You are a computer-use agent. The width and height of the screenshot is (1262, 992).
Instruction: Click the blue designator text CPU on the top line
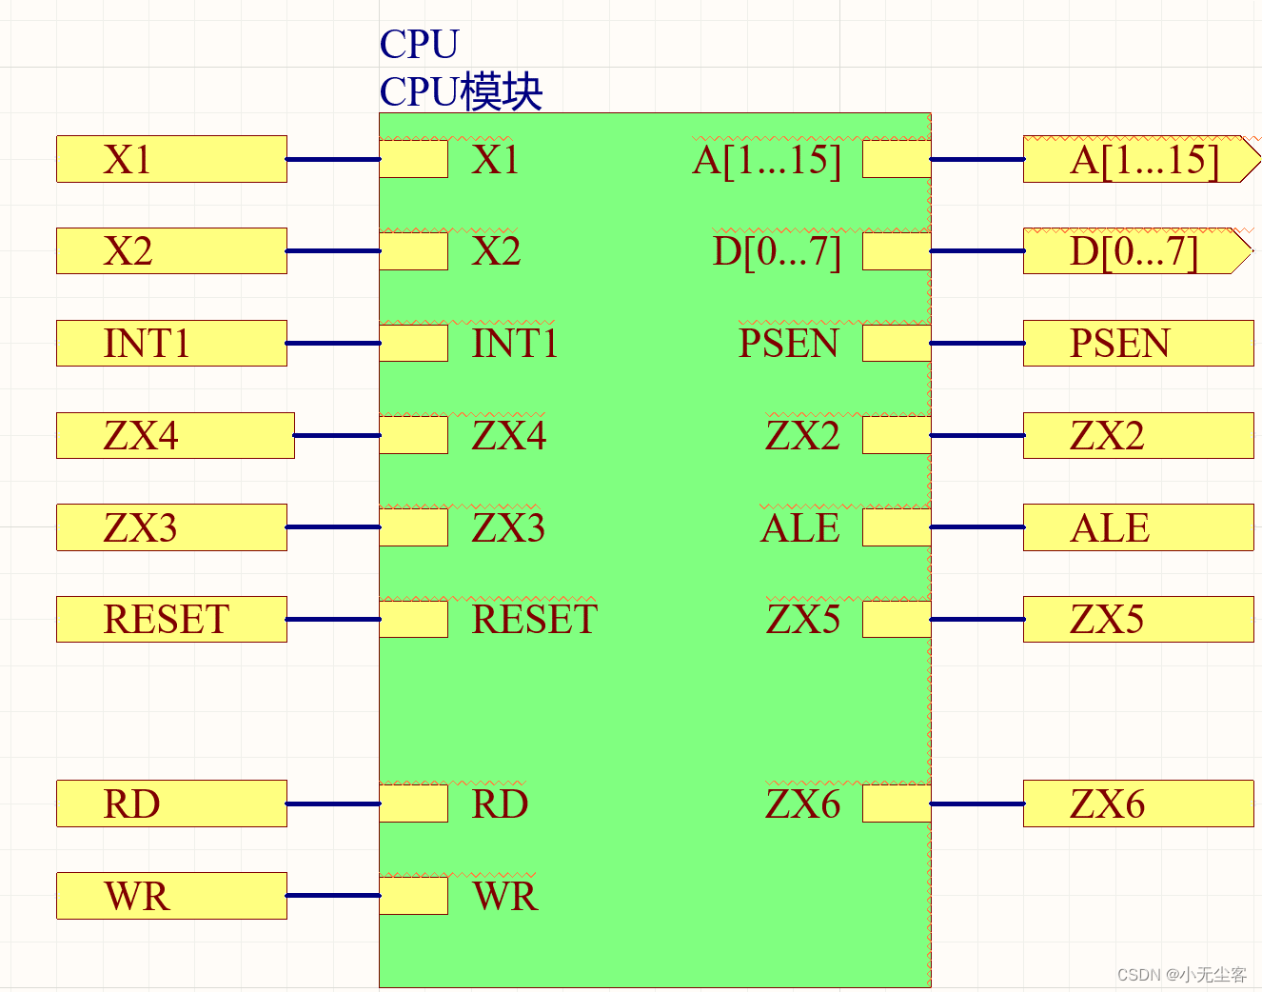[x=419, y=44]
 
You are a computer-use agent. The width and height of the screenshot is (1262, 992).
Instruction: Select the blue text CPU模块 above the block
[x=461, y=92]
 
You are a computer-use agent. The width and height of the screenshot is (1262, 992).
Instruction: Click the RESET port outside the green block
[x=171, y=620]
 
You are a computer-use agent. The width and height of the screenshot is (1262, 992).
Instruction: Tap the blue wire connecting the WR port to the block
[x=333, y=896]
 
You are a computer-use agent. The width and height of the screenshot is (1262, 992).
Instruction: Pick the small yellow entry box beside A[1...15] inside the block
[x=896, y=159]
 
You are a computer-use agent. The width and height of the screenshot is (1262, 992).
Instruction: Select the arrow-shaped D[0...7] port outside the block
[x=1134, y=251]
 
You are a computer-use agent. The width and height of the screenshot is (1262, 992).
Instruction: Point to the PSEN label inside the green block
[x=788, y=344]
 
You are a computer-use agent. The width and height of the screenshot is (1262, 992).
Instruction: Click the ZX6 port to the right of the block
[x=1137, y=804]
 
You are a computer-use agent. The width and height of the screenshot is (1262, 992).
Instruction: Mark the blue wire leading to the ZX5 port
[x=976, y=620]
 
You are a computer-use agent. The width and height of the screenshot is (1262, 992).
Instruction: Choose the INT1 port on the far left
[x=171, y=344]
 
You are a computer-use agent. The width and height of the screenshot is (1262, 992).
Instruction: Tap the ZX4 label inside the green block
[x=509, y=436]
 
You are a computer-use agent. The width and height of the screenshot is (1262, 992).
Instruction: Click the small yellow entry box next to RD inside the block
[x=414, y=804]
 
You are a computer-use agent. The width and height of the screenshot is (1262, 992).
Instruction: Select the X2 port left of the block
[x=171, y=251]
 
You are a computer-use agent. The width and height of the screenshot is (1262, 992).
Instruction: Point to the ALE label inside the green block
[x=799, y=528]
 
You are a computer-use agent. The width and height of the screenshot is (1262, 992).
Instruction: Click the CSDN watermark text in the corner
[x=1181, y=975]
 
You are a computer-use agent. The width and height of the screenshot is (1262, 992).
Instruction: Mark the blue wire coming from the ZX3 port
[x=333, y=527]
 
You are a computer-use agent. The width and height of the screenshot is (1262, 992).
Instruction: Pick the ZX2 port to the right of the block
[x=1137, y=436]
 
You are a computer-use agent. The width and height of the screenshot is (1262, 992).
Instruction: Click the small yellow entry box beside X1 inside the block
[x=414, y=159]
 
